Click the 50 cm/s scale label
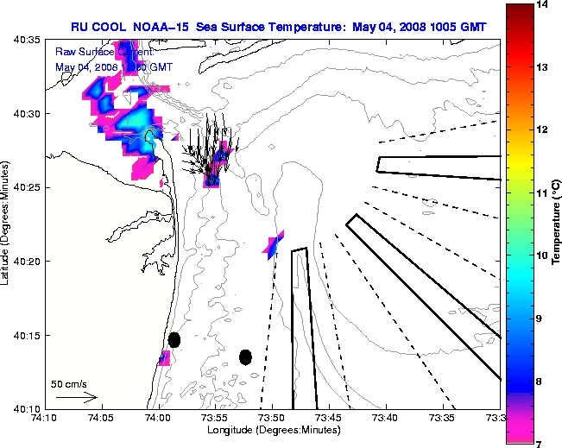click(x=69, y=383)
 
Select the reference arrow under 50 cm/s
click(x=76, y=397)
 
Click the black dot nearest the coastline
click(x=174, y=339)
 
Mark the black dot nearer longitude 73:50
click(x=245, y=357)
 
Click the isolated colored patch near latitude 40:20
click(x=274, y=246)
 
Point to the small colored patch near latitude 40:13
click(x=164, y=357)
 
